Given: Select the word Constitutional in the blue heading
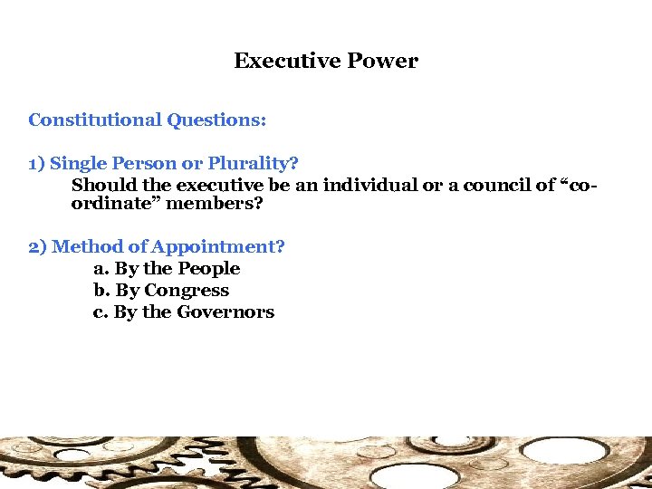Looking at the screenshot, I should [x=95, y=120].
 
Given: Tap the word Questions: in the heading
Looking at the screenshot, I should [x=216, y=120].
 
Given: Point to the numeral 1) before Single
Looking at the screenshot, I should [x=37, y=164].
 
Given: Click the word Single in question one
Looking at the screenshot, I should [x=79, y=164].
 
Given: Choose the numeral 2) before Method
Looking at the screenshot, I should [x=38, y=246].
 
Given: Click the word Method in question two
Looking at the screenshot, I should [x=87, y=246].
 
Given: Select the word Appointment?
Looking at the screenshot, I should [x=217, y=246].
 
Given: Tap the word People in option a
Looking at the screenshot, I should [x=208, y=269].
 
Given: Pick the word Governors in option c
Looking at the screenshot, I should [x=225, y=312].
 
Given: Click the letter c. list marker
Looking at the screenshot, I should [x=101, y=312].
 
